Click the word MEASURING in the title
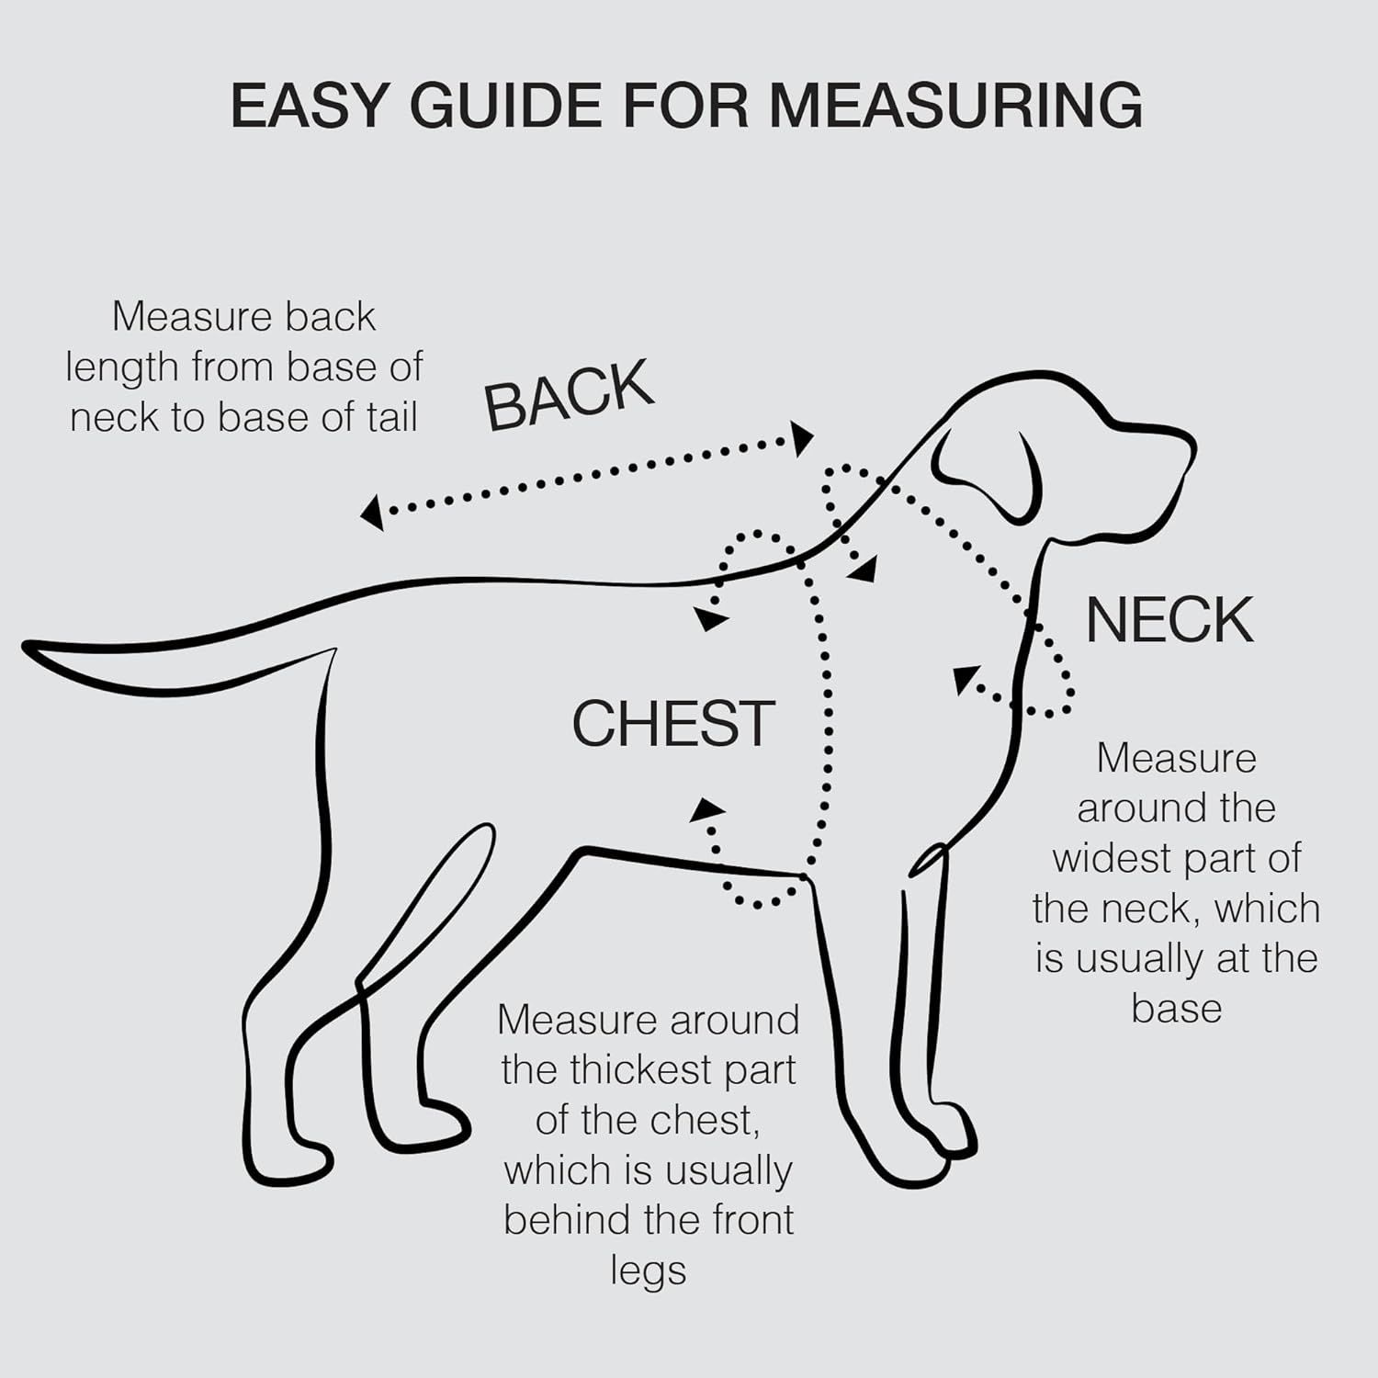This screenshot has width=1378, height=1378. coord(955,106)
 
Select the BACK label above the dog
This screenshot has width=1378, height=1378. coord(568,395)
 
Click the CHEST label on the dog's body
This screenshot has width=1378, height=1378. coord(673,724)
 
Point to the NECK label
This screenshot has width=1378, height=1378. coord(1169,621)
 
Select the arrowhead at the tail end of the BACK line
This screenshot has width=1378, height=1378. coord(370,513)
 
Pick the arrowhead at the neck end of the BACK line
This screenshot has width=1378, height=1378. coord(804,438)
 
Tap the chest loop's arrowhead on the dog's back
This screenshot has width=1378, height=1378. coord(709,619)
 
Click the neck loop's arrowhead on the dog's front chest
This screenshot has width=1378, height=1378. coord(962,680)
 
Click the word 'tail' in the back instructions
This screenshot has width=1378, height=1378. coord(392,418)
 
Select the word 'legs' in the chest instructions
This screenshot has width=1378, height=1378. coord(648,1271)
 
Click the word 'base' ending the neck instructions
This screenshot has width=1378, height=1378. coord(1176,1009)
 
